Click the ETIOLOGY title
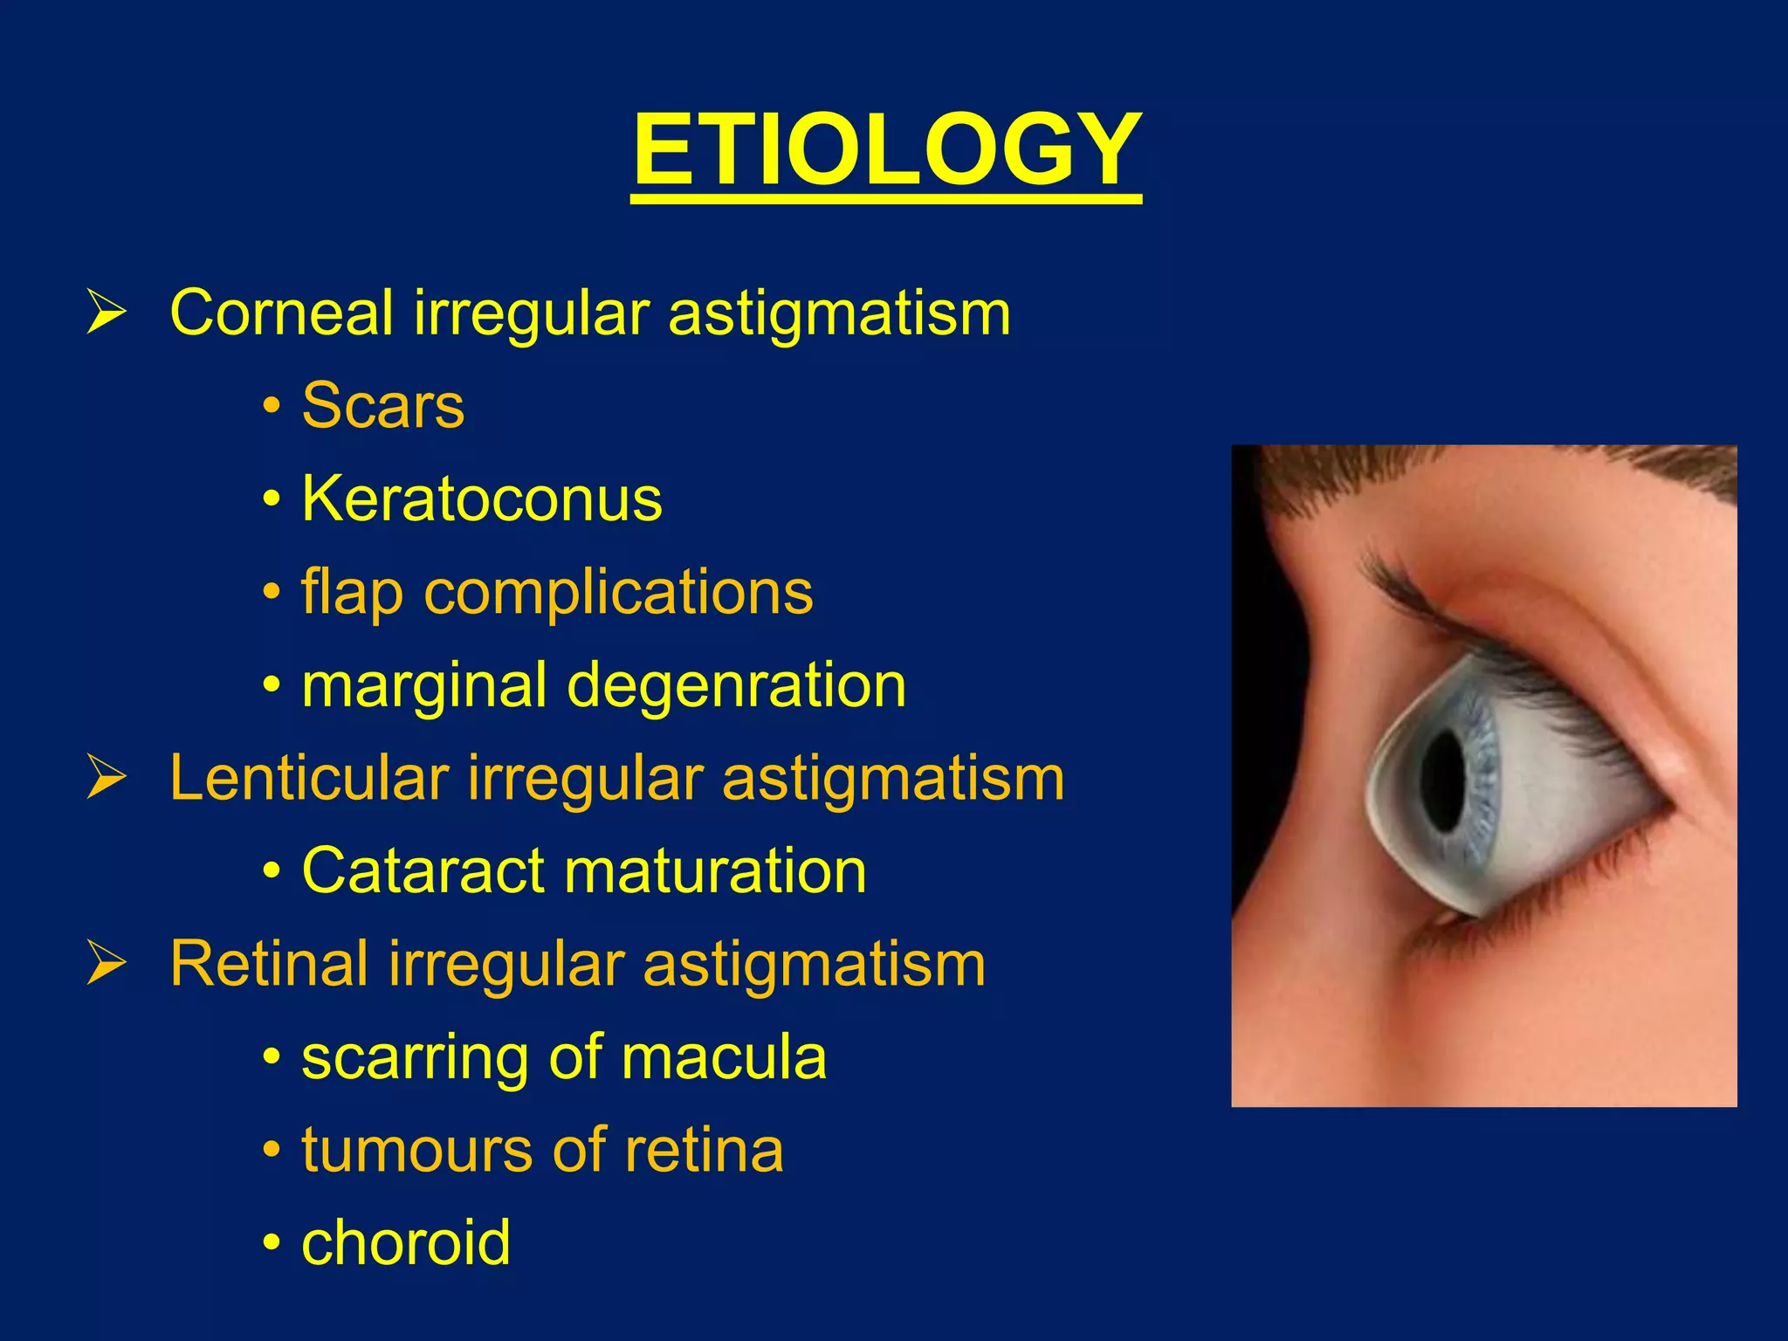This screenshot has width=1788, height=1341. (886, 150)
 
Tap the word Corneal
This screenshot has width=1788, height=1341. (281, 312)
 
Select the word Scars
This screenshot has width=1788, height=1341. (382, 406)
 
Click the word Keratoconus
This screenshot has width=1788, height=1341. (482, 499)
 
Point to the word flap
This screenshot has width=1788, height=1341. (352, 593)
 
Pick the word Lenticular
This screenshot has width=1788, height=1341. (309, 778)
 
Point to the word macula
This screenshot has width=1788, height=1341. (724, 1057)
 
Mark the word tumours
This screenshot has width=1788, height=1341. (416, 1150)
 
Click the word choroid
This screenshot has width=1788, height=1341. (406, 1242)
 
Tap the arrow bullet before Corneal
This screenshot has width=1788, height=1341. (107, 313)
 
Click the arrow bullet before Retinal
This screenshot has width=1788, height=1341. (107, 965)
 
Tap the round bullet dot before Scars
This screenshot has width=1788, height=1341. (272, 407)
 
